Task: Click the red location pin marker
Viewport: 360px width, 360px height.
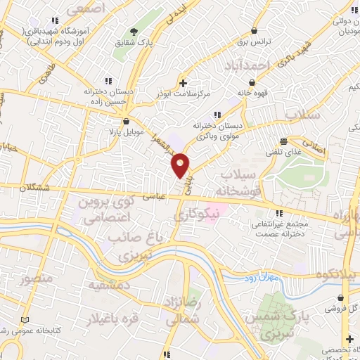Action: pyautogui.click(x=181, y=165)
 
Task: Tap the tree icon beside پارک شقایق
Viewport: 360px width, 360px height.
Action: pyautogui.click(x=134, y=32)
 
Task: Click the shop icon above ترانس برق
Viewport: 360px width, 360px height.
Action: pyautogui.click(x=253, y=32)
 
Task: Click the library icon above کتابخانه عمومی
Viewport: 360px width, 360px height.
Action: pyautogui.click(x=27, y=319)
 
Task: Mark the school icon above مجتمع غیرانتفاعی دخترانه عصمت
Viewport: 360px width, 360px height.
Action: pyautogui.click(x=279, y=213)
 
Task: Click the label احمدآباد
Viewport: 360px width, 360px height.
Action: pyautogui.click(x=250, y=65)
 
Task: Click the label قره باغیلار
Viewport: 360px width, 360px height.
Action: pyautogui.click(x=111, y=319)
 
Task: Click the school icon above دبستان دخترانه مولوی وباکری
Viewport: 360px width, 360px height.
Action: pyautogui.click(x=217, y=115)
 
